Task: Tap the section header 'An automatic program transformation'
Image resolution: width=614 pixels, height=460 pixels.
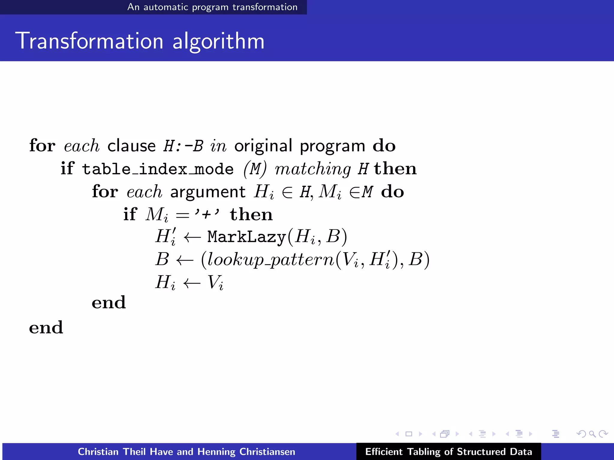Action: coord(212,7)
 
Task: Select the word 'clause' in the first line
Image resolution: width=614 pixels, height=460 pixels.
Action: coord(131,146)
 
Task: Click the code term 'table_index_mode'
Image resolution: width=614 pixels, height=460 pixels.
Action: coord(158,169)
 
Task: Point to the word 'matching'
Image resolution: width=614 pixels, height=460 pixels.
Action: coord(313,170)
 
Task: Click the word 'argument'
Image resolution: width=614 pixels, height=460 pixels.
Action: coord(208,192)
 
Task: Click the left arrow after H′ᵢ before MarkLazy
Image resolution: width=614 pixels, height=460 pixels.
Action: coord(192,237)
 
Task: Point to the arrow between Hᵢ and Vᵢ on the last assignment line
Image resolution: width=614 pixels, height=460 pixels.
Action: coord(192,282)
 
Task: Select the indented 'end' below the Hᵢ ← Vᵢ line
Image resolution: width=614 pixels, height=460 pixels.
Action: coord(109,302)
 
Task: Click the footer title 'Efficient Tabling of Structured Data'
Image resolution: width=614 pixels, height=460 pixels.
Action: coord(449,452)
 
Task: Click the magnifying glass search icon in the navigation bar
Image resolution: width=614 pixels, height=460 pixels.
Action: coord(592,434)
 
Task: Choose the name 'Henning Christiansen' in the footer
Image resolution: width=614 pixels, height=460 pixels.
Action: coord(246,452)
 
